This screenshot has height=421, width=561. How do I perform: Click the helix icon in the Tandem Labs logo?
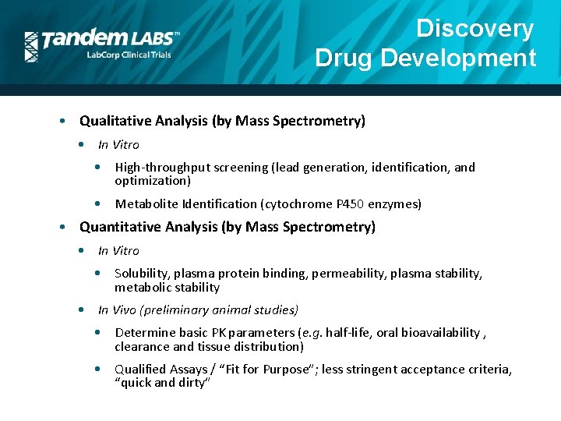pyautogui.click(x=31, y=47)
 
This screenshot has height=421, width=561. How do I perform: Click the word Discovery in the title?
pyautogui.click(x=475, y=29)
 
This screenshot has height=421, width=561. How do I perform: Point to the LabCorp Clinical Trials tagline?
pyautogui.click(x=128, y=55)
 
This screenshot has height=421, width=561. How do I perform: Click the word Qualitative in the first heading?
pyautogui.click(x=114, y=121)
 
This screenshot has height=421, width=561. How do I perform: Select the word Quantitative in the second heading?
pyautogui.click(x=118, y=227)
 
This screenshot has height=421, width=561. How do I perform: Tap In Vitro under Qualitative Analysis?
pyautogui.click(x=118, y=145)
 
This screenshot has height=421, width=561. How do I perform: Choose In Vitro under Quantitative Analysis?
pyautogui.click(x=118, y=251)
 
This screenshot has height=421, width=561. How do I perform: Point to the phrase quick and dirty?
pyautogui.click(x=163, y=384)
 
